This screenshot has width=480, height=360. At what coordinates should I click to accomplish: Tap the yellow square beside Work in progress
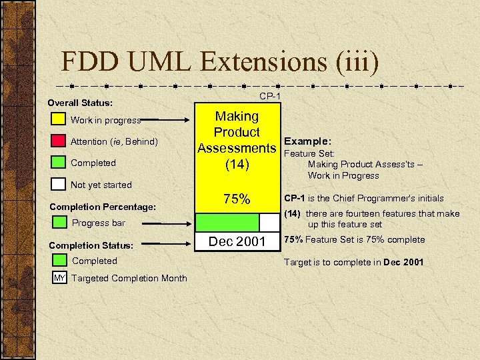point(59,120)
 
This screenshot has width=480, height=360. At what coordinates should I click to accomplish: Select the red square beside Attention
point(59,141)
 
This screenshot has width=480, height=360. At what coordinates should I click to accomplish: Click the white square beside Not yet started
point(59,184)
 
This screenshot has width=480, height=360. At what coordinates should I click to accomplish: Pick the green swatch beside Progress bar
point(60,223)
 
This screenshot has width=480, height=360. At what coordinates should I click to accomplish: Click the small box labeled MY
point(60,278)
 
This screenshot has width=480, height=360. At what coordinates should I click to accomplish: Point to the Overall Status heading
point(80,103)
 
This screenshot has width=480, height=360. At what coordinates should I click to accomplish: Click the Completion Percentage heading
point(103,207)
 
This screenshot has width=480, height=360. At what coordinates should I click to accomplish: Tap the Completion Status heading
point(91,246)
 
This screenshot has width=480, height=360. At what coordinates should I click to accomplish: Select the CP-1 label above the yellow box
point(270,97)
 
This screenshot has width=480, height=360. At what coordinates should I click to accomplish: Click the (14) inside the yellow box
point(237,165)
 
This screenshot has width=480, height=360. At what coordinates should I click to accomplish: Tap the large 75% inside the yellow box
point(237,199)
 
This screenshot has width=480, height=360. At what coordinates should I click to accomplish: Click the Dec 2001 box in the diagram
point(237,241)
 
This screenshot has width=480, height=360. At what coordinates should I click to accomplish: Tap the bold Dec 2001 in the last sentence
point(403,262)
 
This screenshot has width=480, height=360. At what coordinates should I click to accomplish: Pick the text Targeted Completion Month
point(129,278)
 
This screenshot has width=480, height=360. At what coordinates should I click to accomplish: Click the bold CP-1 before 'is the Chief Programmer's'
point(296,197)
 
